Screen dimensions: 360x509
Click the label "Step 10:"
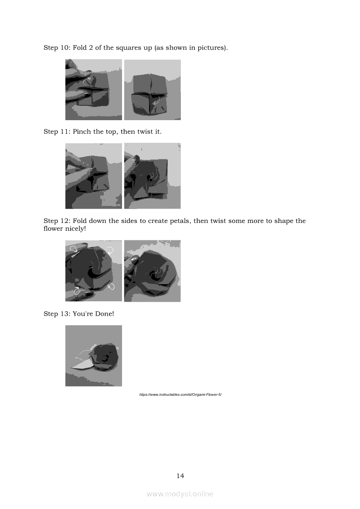57,48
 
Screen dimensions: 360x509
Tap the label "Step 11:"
57,131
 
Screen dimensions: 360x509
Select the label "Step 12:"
57,221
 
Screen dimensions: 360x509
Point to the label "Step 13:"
57,313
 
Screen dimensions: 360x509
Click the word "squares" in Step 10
127,48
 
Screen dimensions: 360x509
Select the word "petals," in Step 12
180,221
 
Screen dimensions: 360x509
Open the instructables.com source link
180,394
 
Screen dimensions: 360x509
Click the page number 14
180,476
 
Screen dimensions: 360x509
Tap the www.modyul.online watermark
180,494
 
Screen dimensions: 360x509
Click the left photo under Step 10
94,90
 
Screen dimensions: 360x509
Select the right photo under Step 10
153,90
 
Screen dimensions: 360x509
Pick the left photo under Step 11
94,176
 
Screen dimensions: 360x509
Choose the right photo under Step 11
153,176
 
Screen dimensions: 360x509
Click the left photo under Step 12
94,271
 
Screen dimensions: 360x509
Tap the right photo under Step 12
153,271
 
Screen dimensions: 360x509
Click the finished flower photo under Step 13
94,356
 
